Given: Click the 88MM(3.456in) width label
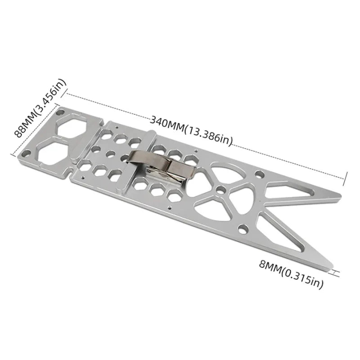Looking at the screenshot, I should tap(40, 108).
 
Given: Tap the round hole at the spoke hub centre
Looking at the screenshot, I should tap(220, 190).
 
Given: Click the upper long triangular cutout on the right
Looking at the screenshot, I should tap(292, 192).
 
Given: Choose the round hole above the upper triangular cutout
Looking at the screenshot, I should tap(257, 173).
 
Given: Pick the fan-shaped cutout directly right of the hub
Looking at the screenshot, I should tap(243, 193).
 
